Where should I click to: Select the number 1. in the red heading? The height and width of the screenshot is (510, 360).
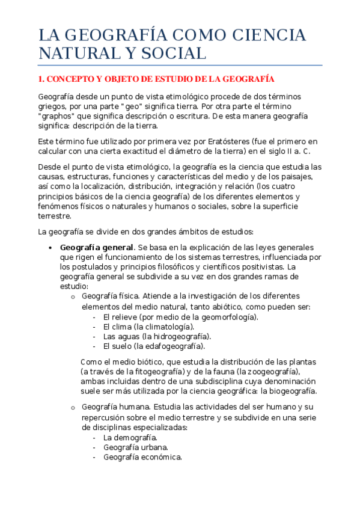(41, 79)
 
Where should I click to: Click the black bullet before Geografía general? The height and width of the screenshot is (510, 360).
(49, 248)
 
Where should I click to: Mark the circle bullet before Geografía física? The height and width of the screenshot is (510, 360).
(72, 296)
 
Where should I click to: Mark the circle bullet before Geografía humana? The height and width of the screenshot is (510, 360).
(72, 408)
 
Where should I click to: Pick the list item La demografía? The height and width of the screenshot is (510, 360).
(130, 437)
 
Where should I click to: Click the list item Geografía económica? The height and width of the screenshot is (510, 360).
(142, 456)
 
